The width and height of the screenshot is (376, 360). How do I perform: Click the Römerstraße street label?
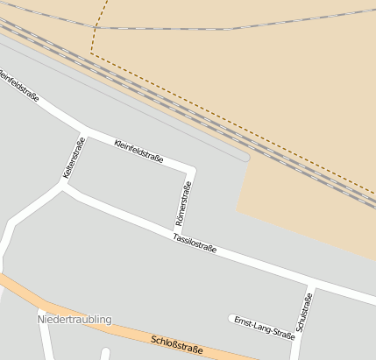[x=186, y=205]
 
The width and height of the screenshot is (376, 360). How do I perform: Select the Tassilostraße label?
[x=195, y=243]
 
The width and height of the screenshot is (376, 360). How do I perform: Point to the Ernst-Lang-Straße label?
[x=264, y=328]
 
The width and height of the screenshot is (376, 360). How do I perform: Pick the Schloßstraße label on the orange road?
[x=176, y=344]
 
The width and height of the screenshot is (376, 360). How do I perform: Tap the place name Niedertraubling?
[x=75, y=320]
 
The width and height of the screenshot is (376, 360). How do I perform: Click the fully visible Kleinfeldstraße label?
[x=138, y=152]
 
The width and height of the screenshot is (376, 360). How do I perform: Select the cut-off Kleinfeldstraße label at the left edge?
[x=19, y=86]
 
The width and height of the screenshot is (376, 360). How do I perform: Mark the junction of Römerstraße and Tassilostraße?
[x=177, y=232]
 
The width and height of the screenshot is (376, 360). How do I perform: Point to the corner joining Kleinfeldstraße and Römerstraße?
[x=192, y=168]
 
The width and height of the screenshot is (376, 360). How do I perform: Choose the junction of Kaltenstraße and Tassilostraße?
[x=64, y=188]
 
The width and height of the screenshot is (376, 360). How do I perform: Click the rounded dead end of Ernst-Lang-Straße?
[x=231, y=318]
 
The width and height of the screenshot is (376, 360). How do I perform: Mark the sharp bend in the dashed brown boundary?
[x=90, y=53]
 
